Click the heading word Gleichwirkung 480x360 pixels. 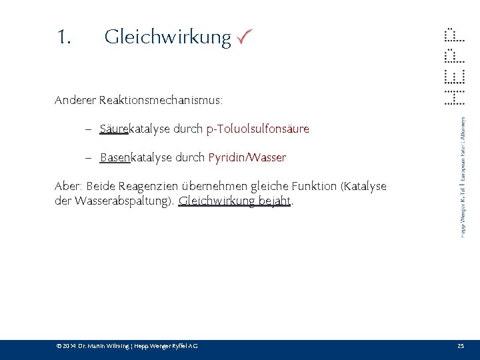tap(167, 37)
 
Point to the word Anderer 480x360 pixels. tap(75, 101)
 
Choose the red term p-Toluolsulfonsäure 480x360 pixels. tap(258, 129)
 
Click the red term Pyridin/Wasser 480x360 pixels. tap(247, 158)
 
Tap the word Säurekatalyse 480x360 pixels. tap(133, 129)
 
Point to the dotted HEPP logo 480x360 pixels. tap(454, 67)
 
